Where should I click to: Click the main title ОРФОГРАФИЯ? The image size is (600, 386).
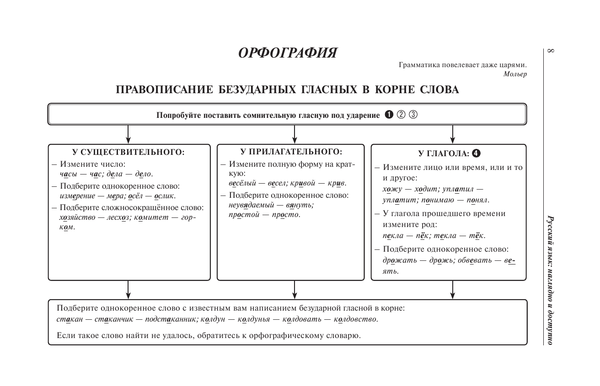point(288,53)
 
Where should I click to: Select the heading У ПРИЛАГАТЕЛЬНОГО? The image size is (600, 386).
point(291,152)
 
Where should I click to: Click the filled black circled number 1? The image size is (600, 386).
point(389,115)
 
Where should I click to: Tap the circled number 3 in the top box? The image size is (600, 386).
point(413,115)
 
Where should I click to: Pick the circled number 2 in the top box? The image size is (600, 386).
point(401,115)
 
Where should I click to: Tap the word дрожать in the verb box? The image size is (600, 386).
point(398,260)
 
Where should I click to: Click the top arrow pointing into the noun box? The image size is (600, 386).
point(129,134)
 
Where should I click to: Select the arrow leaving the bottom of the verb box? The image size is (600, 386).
point(452,289)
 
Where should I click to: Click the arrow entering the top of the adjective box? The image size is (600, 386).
point(295,134)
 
